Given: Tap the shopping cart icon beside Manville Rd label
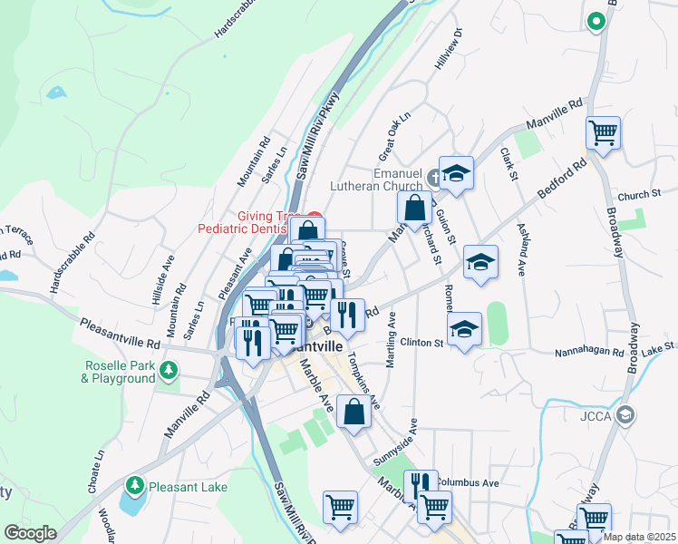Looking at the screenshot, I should pyautogui.click(x=603, y=133).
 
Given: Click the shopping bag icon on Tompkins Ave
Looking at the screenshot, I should pyautogui.click(x=354, y=412).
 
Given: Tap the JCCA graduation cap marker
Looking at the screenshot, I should pyautogui.click(x=625, y=415).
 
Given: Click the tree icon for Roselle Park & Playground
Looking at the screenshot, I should pyautogui.click(x=168, y=370).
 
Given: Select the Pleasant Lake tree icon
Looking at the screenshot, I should pyautogui.click(x=134, y=486).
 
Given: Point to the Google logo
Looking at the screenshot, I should pyautogui.click(x=30, y=533).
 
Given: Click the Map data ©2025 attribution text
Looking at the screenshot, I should pyautogui.click(x=640, y=537).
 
